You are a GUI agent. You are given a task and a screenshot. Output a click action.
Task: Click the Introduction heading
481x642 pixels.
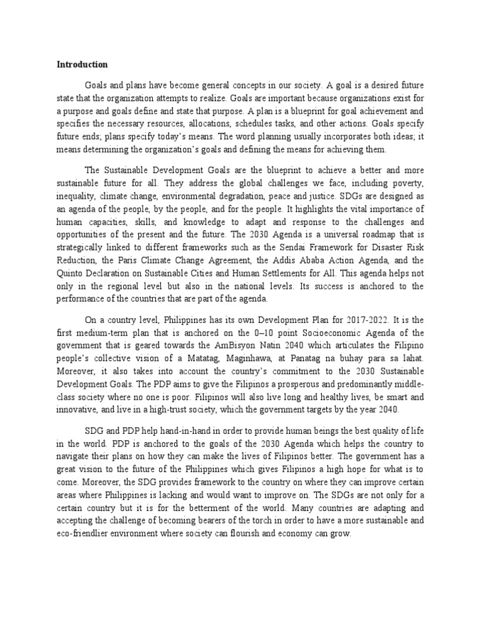tap(82, 64)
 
